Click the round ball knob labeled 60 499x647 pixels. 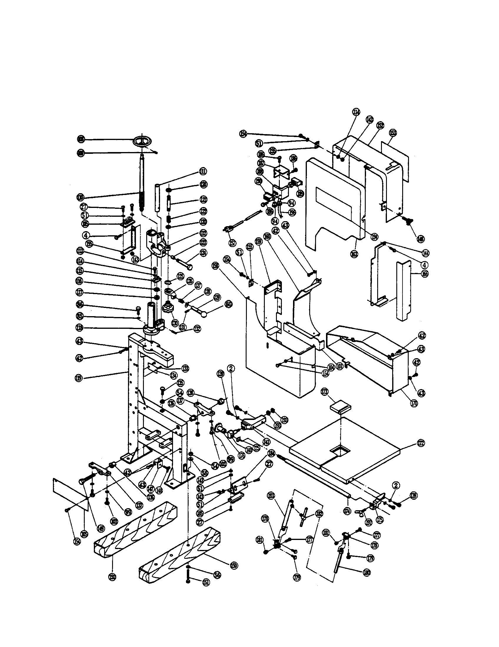tap(204, 315)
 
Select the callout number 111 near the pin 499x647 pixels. tap(203, 171)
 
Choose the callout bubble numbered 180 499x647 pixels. tap(367, 573)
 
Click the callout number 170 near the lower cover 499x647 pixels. tap(414, 403)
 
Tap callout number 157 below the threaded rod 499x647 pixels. tap(233, 243)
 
